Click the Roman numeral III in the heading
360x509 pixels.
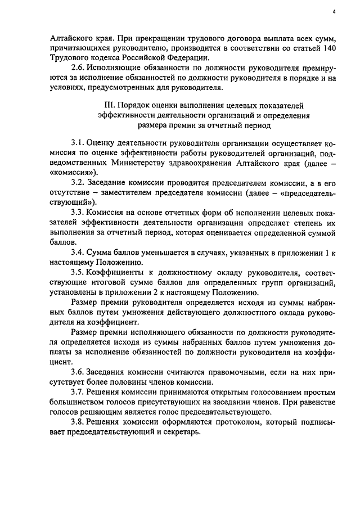click(110, 106)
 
